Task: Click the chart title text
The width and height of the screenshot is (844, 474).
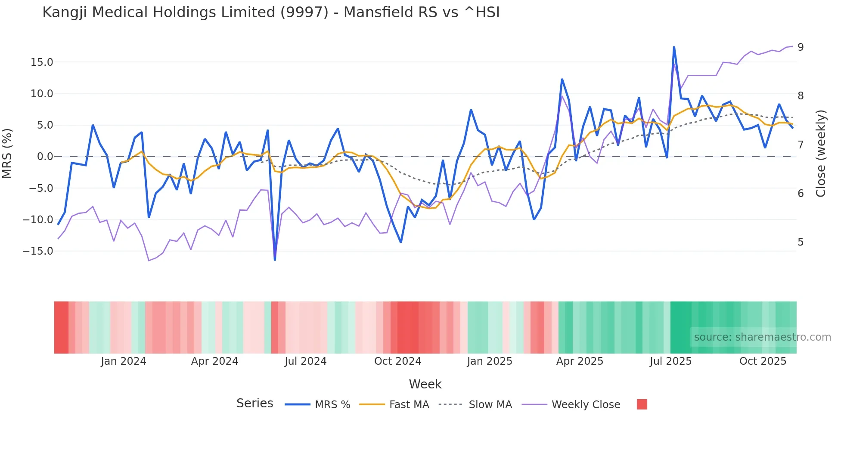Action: pyautogui.click(x=271, y=12)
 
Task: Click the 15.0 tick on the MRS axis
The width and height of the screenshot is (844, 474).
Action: pyautogui.click(x=42, y=62)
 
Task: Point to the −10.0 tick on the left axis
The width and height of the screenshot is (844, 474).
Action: pyautogui.click(x=38, y=220)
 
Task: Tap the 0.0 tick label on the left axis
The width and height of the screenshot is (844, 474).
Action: pyautogui.click(x=45, y=157)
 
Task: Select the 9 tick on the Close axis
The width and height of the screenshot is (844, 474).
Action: pyautogui.click(x=801, y=47)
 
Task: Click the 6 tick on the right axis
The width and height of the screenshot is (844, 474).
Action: pyautogui.click(x=801, y=194)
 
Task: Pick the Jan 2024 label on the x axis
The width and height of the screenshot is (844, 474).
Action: pyautogui.click(x=124, y=361)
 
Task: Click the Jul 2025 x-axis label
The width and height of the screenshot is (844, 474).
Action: pyautogui.click(x=670, y=361)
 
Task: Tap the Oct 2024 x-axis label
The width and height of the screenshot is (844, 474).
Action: pyautogui.click(x=397, y=361)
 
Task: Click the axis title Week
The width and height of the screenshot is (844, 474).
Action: pyautogui.click(x=425, y=384)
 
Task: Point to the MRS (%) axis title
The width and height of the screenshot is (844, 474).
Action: pyautogui.click(x=7, y=153)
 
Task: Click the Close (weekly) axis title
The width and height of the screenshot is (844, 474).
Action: pyautogui.click(x=821, y=153)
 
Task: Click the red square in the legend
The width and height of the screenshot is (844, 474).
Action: pyautogui.click(x=642, y=404)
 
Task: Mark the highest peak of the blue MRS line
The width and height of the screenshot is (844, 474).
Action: pyautogui.click(x=674, y=47)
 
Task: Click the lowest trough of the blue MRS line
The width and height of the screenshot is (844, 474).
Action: pyautogui.click(x=275, y=260)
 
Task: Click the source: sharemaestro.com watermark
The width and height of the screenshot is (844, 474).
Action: pyautogui.click(x=762, y=337)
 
